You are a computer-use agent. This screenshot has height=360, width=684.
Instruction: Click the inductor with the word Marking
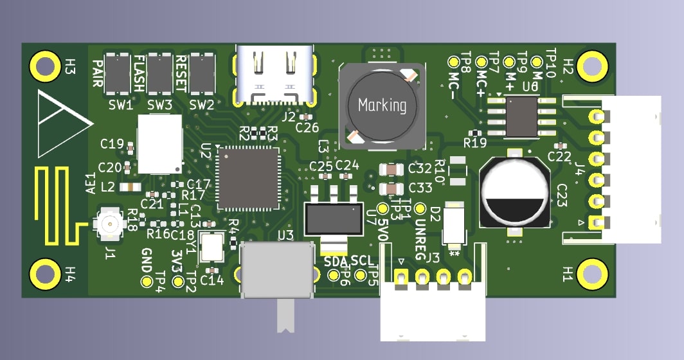(x=382, y=104)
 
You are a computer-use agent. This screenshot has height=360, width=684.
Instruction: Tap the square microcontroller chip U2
(x=249, y=178)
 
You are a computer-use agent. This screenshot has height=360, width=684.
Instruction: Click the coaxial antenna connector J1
(x=108, y=224)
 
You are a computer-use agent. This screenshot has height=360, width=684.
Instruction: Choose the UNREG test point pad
(x=420, y=209)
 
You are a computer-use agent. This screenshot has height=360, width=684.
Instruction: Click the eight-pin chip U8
(x=521, y=116)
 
